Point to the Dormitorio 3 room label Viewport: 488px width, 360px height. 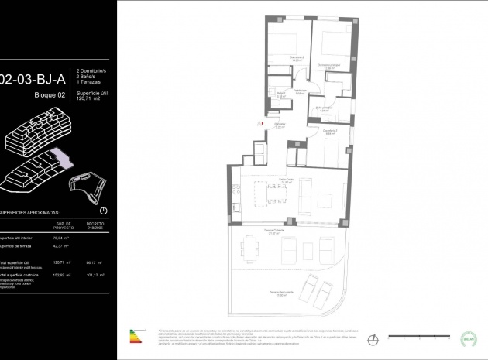tap(330, 131)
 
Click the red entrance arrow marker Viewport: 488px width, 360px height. tap(263, 122)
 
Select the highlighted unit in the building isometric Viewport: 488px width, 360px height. tap(67, 160)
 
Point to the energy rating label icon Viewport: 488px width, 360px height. tap(139, 336)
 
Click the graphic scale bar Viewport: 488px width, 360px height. tap(414, 339)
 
